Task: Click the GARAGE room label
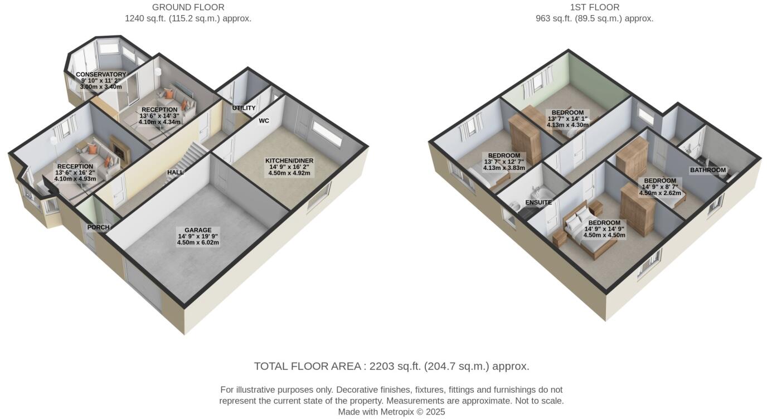[x=198, y=230]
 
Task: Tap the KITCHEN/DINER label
[x=289, y=160]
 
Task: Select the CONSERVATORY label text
[x=101, y=75]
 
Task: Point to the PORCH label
[x=98, y=227]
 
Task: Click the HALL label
[x=176, y=173]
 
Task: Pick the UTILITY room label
[x=244, y=108]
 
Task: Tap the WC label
[x=264, y=120]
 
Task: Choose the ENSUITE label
[x=538, y=203]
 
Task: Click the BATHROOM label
[x=708, y=170]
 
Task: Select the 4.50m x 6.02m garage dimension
[x=198, y=243]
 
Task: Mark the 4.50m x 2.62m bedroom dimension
[x=660, y=193]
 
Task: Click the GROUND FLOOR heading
[x=188, y=7]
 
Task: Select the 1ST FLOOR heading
[x=595, y=7]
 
